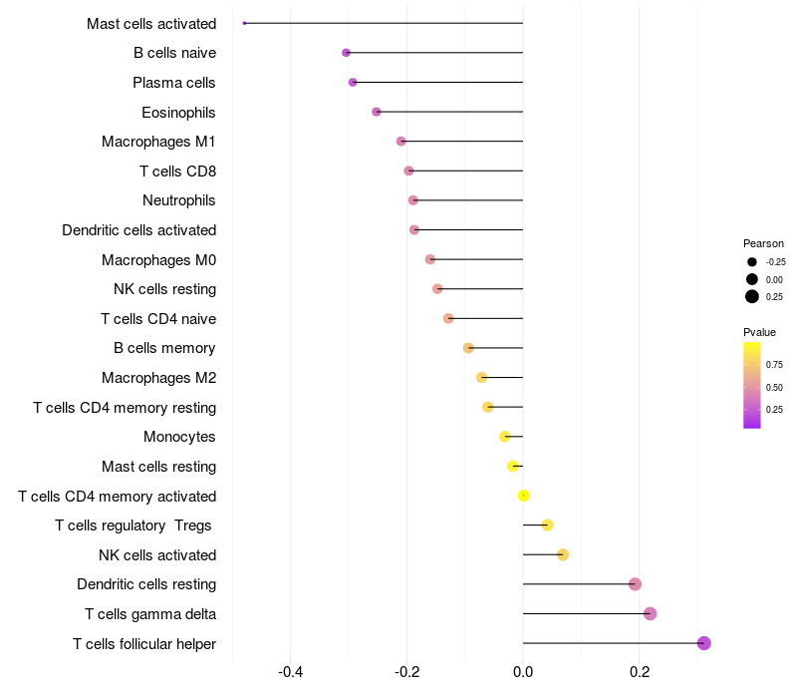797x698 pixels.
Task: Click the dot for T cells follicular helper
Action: point(703,643)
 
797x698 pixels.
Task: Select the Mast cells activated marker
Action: point(244,23)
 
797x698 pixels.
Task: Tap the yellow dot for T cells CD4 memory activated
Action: point(523,496)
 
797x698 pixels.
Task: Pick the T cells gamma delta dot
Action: point(650,613)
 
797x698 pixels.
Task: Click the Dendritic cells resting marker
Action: point(635,584)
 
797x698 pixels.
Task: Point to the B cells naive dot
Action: point(346,52)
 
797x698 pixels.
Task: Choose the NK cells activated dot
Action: point(563,554)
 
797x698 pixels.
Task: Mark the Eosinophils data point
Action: point(376,112)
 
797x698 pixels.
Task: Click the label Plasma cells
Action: point(174,82)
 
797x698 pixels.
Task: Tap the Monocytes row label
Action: point(179,437)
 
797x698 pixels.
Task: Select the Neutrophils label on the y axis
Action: point(179,200)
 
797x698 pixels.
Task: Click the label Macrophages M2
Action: point(158,378)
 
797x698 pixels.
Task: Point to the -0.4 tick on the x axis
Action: point(290,672)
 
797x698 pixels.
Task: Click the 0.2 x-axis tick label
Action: point(640,672)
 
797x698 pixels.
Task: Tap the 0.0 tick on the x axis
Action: point(523,672)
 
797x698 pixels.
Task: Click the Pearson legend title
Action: point(763,243)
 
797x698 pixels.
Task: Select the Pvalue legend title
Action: point(759,332)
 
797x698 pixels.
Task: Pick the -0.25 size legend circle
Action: point(751,262)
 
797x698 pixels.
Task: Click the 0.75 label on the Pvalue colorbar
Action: point(774,365)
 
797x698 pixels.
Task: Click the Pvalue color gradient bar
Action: point(752,385)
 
